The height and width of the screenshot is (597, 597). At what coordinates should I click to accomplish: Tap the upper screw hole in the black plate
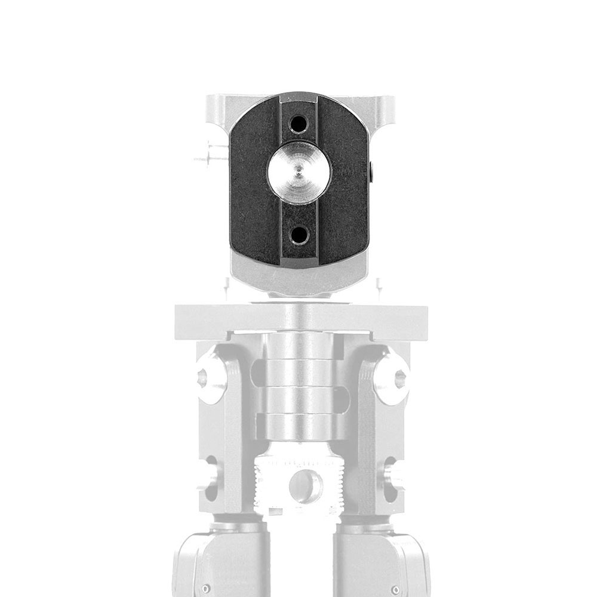point(298,125)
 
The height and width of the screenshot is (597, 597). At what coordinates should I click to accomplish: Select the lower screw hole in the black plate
point(298,235)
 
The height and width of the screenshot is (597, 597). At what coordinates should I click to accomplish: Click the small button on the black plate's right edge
point(372,174)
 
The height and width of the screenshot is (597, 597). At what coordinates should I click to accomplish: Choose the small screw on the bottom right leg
point(396,589)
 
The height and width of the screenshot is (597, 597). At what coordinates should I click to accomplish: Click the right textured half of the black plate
point(346,179)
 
